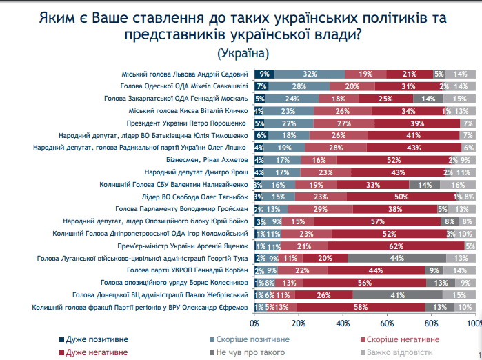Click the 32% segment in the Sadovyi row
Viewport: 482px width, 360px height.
[x=310, y=74]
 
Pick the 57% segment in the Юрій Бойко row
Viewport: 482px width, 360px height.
[x=376, y=221]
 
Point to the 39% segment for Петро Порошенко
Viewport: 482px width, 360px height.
[x=416, y=123]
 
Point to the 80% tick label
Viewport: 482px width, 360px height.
[x=431, y=323]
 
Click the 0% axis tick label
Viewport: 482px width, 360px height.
[x=255, y=323]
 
